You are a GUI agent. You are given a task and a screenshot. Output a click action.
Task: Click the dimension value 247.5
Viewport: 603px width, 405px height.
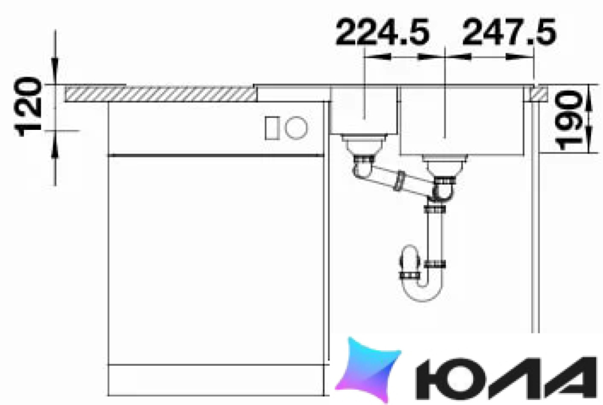click(509, 32)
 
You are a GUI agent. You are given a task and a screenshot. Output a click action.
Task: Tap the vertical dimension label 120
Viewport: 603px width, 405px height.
click(28, 107)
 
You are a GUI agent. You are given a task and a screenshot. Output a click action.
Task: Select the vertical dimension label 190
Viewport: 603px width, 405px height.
click(569, 120)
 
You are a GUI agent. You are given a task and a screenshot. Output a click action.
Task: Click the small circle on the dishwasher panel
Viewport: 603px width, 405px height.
click(296, 128)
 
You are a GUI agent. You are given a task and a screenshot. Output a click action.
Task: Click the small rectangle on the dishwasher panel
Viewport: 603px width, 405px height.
click(272, 128)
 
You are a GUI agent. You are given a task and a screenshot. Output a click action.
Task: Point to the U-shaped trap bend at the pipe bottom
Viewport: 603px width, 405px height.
click(423, 292)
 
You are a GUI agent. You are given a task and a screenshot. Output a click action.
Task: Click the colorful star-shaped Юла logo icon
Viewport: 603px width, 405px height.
click(368, 370)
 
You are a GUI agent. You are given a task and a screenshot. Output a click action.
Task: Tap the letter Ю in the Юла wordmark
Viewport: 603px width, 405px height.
click(448, 379)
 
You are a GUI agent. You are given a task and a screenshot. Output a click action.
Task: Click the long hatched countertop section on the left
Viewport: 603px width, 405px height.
click(161, 94)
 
